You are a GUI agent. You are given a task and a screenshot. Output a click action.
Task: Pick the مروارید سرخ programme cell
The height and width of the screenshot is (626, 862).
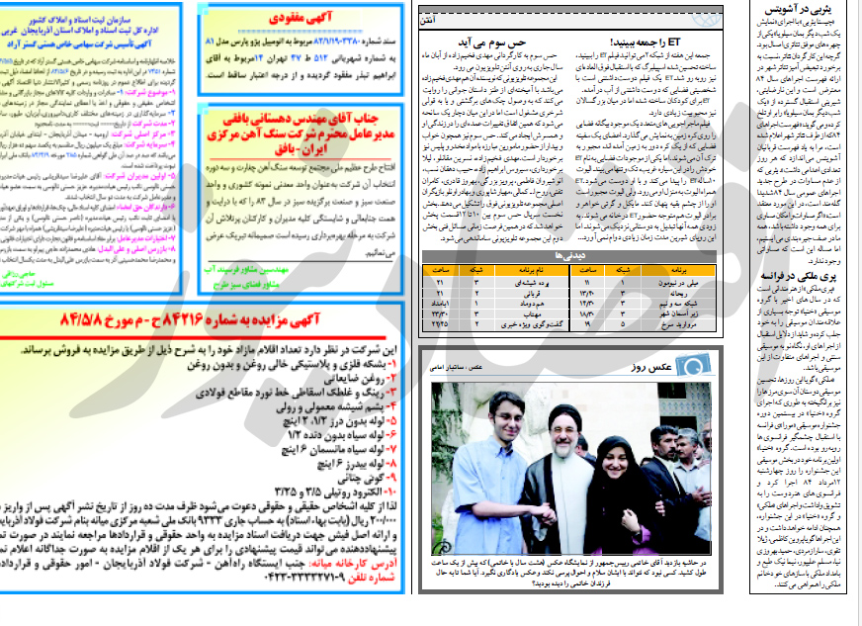[x=679, y=322]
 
